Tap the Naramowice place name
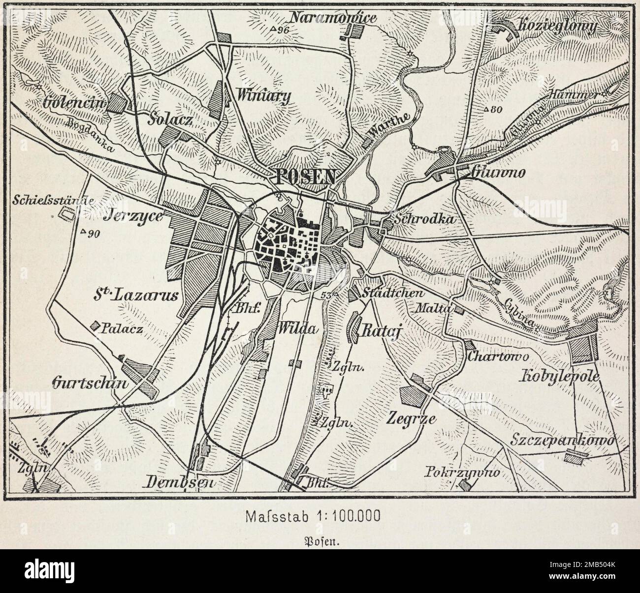tap(340, 19)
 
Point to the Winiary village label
tap(270, 95)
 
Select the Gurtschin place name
tap(94, 383)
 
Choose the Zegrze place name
tap(412, 419)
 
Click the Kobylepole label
tap(560, 377)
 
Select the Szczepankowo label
tap(562, 440)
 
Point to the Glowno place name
tap(492, 172)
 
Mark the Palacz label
tap(121, 329)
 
